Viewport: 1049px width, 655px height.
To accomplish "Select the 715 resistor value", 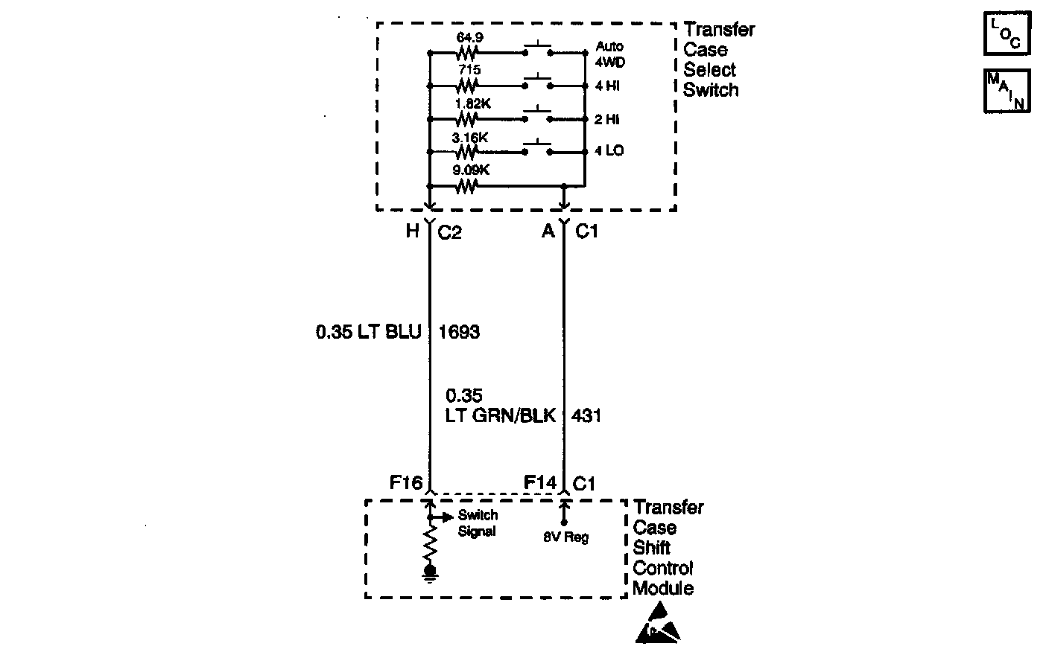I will (469, 69).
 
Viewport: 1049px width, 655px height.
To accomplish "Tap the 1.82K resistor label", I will (472, 103).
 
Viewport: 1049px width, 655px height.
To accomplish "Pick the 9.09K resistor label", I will (472, 170).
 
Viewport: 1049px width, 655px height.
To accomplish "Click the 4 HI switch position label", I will (607, 86).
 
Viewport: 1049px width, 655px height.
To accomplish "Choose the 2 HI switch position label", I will (607, 120).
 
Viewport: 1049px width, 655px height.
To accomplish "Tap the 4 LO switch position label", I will (609, 151).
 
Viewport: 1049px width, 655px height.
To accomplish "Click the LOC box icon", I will (1007, 33).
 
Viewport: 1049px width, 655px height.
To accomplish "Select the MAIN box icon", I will (1007, 91).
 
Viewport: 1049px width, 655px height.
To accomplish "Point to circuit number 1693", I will (460, 332).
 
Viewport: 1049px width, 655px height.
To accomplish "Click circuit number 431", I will (586, 415).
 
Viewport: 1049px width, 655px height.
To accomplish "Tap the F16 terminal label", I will (406, 483).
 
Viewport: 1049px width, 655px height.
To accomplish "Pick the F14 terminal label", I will (540, 483).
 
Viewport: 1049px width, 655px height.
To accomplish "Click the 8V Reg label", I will (565, 537).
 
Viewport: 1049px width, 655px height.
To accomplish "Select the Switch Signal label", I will (478, 523).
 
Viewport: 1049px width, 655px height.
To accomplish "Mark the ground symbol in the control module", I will (430, 572).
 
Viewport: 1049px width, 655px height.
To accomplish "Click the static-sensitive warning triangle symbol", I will (658, 624).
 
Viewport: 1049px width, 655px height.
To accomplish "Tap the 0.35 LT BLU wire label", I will (369, 332).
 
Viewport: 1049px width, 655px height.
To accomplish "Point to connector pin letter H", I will (412, 231).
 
